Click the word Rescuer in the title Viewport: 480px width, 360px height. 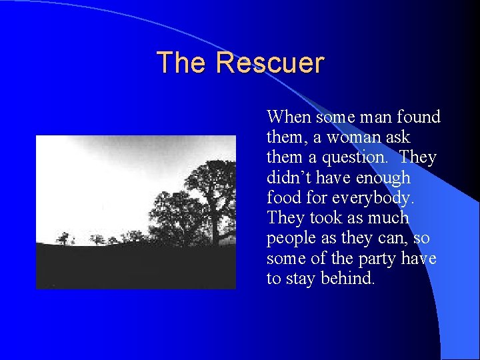pos(270,63)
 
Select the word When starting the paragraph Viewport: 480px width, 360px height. pos(289,117)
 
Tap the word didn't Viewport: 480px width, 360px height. pos(291,178)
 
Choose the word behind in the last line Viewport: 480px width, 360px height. pos(349,279)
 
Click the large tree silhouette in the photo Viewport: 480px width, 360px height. pos(210,193)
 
